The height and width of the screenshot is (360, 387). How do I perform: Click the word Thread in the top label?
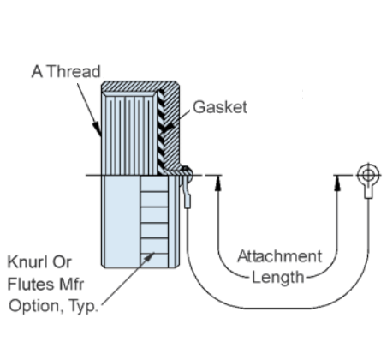pyautogui.click(x=74, y=71)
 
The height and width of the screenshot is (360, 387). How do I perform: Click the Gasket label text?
pyautogui.click(x=220, y=107)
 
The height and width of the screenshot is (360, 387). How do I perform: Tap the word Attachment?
pyautogui.click(x=280, y=256)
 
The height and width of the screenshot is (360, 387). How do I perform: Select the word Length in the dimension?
pyautogui.click(x=278, y=278)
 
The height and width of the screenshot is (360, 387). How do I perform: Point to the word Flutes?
pyautogui.click(x=31, y=285)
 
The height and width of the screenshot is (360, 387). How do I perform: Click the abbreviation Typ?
pyautogui.click(x=83, y=307)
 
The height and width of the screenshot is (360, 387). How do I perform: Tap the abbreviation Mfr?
pyautogui.click(x=71, y=285)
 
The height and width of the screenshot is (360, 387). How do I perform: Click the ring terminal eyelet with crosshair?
pyautogui.click(x=368, y=174)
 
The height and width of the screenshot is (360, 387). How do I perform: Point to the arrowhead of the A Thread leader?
pyautogui.click(x=97, y=129)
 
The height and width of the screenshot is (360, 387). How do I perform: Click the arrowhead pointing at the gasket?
pyautogui.click(x=167, y=127)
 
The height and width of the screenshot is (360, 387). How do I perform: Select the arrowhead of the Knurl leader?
pyautogui.click(x=149, y=256)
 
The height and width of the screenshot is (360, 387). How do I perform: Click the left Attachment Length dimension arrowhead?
pyautogui.click(x=218, y=183)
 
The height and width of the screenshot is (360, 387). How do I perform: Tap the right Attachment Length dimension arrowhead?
pyautogui.click(x=337, y=183)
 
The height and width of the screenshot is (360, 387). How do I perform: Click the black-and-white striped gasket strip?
pyautogui.click(x=161, y=132)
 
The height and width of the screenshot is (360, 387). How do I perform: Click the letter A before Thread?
pyautogui.click(x=37, y=71)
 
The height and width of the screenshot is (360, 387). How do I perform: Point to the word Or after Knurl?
pyautogui.click(x=62, y=262)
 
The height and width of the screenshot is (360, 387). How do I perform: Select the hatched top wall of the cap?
pyautogui.click(x=140, y=86)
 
